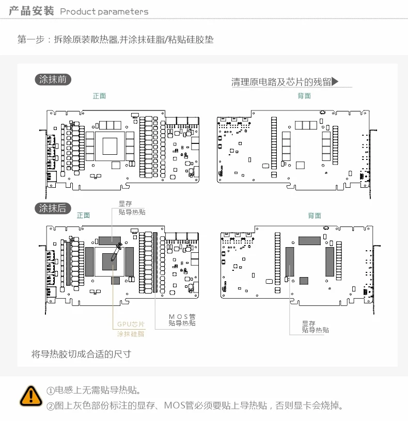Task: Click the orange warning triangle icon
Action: pos(31,395)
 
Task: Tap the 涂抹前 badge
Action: pos(53,80)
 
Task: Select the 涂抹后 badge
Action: pos(53,208)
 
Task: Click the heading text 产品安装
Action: pos(32,11)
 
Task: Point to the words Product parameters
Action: pos(104,11)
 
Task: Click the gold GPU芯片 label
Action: pos(131,325)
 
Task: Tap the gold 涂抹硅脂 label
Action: pos(131,334)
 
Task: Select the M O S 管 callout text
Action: pos(182,315)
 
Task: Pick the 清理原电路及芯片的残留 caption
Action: pos(281,82)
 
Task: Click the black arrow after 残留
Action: pos(335,82)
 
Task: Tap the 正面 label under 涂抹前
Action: pos(99,96)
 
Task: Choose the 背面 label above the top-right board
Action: pos(304,96)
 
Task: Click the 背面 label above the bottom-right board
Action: pos(315,216)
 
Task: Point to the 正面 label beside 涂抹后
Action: pos(83,215)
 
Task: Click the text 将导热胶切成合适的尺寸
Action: pos(81,354)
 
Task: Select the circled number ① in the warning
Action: pos(51,391)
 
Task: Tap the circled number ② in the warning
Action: pos(51,406)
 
